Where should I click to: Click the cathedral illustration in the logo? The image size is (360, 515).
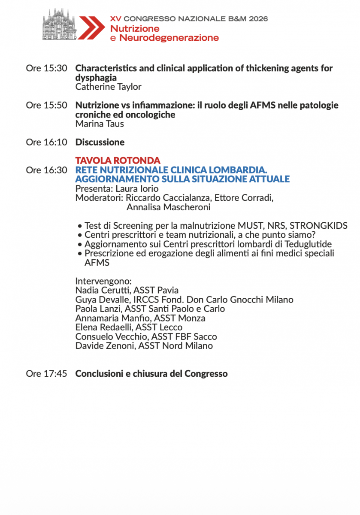(x=59, y=25)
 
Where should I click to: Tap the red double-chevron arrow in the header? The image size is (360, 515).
(x=91, y=27)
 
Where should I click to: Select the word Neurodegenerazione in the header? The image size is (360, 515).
(x=169, y=38)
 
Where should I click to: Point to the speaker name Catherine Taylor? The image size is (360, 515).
(x=108, y=87)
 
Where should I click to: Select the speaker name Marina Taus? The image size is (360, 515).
(x=100, y=124)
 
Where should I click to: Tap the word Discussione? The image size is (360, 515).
(x=100, y=142)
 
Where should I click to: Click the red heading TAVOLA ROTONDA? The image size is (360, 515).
(x=118, y=161)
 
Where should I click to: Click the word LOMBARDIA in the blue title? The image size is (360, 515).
(x=241, y=170)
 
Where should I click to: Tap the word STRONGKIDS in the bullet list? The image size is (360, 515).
(x=319, y=226)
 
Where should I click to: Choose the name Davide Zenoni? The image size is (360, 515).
(x=104, y=345)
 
